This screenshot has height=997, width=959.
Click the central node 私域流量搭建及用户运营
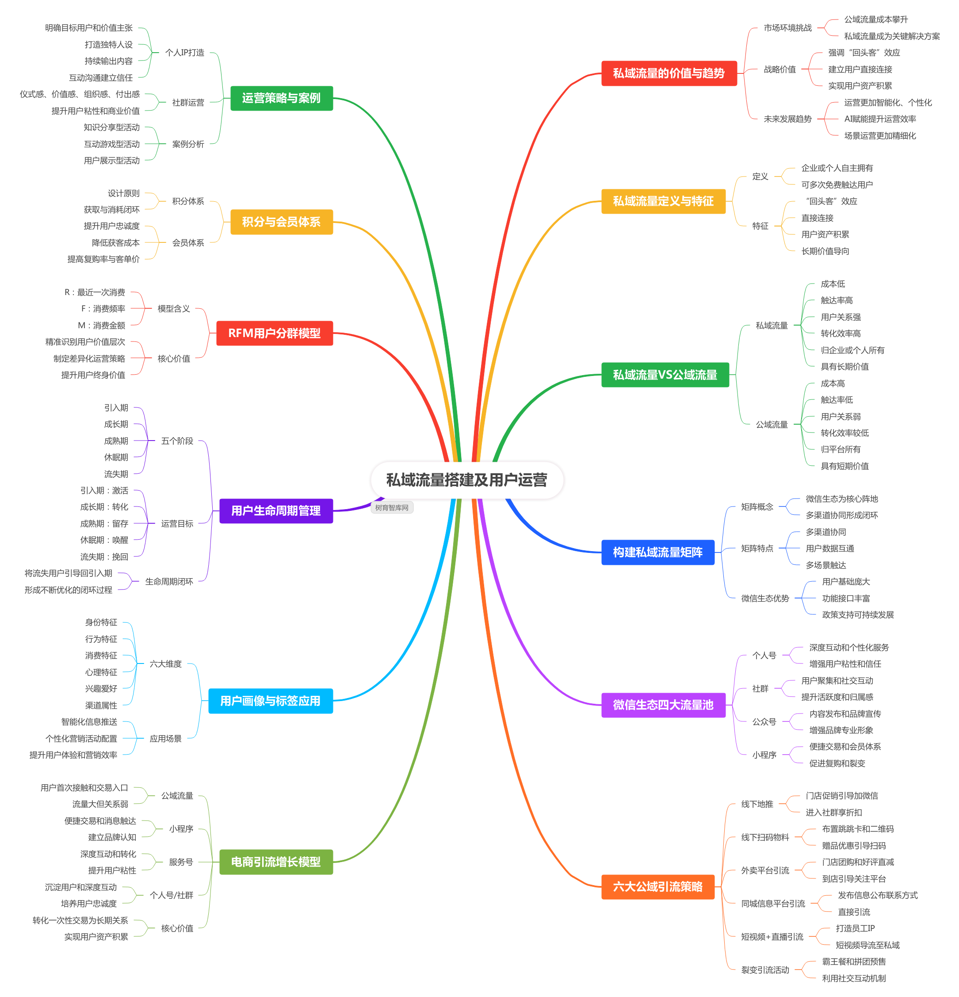pos(467,479)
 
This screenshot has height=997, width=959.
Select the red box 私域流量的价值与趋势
pos(669,73)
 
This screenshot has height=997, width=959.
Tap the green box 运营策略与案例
pos(281,98)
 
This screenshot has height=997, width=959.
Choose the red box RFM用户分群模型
pos(274,333)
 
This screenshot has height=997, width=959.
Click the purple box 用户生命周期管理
pos(275,511)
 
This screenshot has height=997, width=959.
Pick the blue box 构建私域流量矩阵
pos(657,552)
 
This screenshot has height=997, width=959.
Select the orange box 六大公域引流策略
pos(657,886)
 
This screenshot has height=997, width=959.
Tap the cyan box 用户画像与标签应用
pos(270,701)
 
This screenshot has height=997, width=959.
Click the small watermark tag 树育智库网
pos(392,508)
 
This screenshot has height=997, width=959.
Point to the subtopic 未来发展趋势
pos(787,119)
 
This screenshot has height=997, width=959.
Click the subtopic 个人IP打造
pos(184,52)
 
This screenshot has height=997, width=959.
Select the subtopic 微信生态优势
pos(765,598)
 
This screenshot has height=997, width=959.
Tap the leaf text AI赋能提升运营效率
pos(880,119)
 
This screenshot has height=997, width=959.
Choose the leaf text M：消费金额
pos(101,326)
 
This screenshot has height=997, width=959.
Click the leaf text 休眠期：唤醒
pos(104,540)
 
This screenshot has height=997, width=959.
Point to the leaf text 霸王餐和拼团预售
pos(854,962)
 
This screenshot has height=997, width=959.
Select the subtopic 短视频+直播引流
pos(772,937)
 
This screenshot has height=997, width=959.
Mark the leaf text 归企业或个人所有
pos(852,350)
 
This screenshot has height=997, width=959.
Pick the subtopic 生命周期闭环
pos(169,581)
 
